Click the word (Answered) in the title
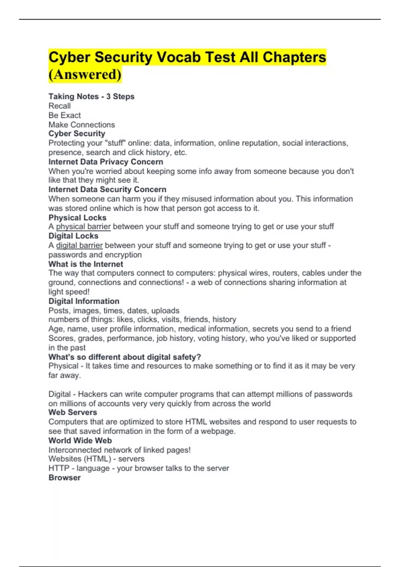point(85,74)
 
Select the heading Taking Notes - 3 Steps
point(91,96)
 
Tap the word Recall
point(60,106)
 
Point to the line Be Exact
point(65,115)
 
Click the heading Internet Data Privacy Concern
point(106,162)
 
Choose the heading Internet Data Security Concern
point(107,189)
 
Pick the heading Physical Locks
point(77,217)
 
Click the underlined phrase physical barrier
point(83,226)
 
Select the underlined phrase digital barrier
point(79,245)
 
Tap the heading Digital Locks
point(73,236)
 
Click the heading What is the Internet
point(86,264)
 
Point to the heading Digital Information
point(84,301)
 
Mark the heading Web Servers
point(73,412)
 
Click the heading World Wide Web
point(80,440)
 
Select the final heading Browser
point(65,478)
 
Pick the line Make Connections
point(82,124)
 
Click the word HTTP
point(59,468)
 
